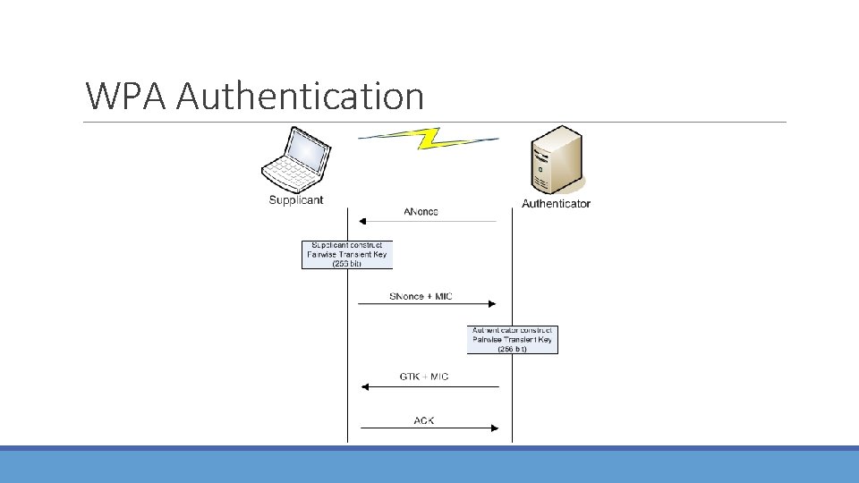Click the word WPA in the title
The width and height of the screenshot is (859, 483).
coord(125,96)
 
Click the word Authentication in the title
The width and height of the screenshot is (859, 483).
coord(300,96)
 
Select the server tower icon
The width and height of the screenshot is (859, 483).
coord(556,160)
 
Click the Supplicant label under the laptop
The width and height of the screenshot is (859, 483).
coord(296,200)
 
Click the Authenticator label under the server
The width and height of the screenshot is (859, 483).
coord(556,204)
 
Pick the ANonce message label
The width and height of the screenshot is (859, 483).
coord(421,211)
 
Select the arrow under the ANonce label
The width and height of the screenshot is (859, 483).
coord(427,221)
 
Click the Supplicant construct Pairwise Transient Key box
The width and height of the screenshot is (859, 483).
coord(347,255)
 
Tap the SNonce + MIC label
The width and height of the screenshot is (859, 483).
coord(421,296)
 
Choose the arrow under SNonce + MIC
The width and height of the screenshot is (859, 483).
coord(427,305)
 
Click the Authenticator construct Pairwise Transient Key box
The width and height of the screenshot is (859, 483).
coord(513,340)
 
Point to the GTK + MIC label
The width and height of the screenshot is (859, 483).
coord(424,377)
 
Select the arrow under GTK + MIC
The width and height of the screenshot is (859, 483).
coord(429,386)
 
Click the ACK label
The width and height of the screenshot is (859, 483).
coord(424,419)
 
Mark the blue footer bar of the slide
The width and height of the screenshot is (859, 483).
coord(429,466)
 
